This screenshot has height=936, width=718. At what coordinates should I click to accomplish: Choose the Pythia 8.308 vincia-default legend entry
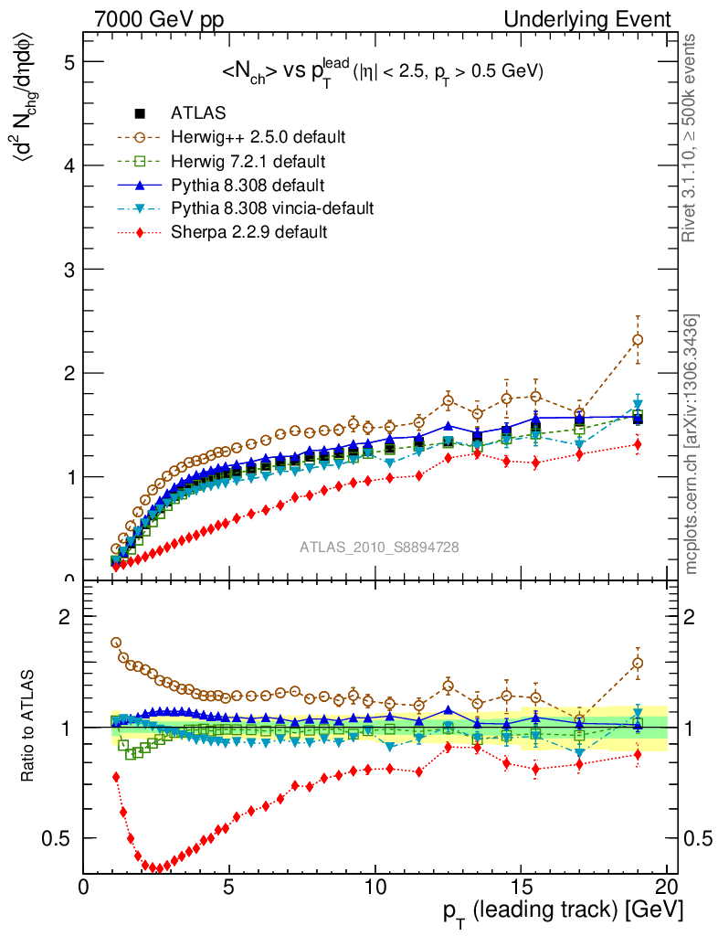pyautogui.click(x=271, y=208)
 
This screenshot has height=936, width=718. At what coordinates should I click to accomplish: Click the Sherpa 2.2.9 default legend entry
pyautogui.click(x=249, y=232)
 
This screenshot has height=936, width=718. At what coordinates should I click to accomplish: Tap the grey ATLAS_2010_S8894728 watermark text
pyautogui.click(x=379, y=548)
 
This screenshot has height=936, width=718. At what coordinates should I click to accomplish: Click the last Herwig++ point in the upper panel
pyautogui.click(x=638, y=340)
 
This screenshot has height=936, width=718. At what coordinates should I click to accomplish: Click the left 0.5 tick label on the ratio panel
pyautogui.click(x=62, y=838)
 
